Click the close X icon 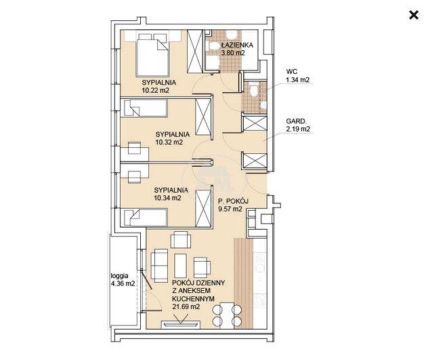tap(414, 15)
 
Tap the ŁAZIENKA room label tap(237, 45)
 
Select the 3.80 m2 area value tap(233, 53)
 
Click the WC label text tap(291, 72)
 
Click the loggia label tap(119, 276)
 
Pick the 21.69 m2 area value tap(186, 306)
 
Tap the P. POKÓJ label tap(233, 201)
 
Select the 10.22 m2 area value tap(155, 90)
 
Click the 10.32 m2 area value tap(169, 142)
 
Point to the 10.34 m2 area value tap(167, 198)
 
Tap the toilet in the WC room tap(253, 90)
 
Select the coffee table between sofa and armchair tap(180, 266)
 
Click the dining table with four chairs tap(227, 315)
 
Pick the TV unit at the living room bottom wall tap(181, 324)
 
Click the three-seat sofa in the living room tap(159, 266)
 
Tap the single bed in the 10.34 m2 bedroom tap(146, 218)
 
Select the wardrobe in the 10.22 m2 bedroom tap(195, 52)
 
